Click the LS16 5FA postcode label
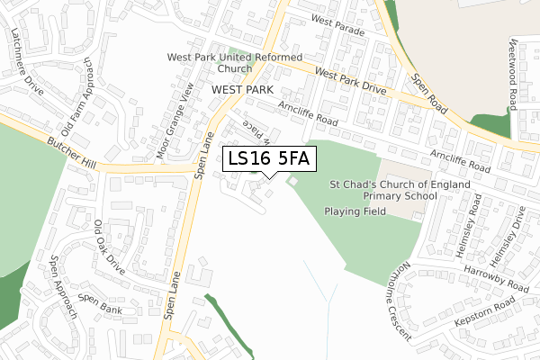(x=268, y=159)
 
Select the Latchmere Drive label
(x=28, y=56)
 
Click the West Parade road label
(x=337, y=24)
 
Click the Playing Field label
(x=355, y=211)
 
